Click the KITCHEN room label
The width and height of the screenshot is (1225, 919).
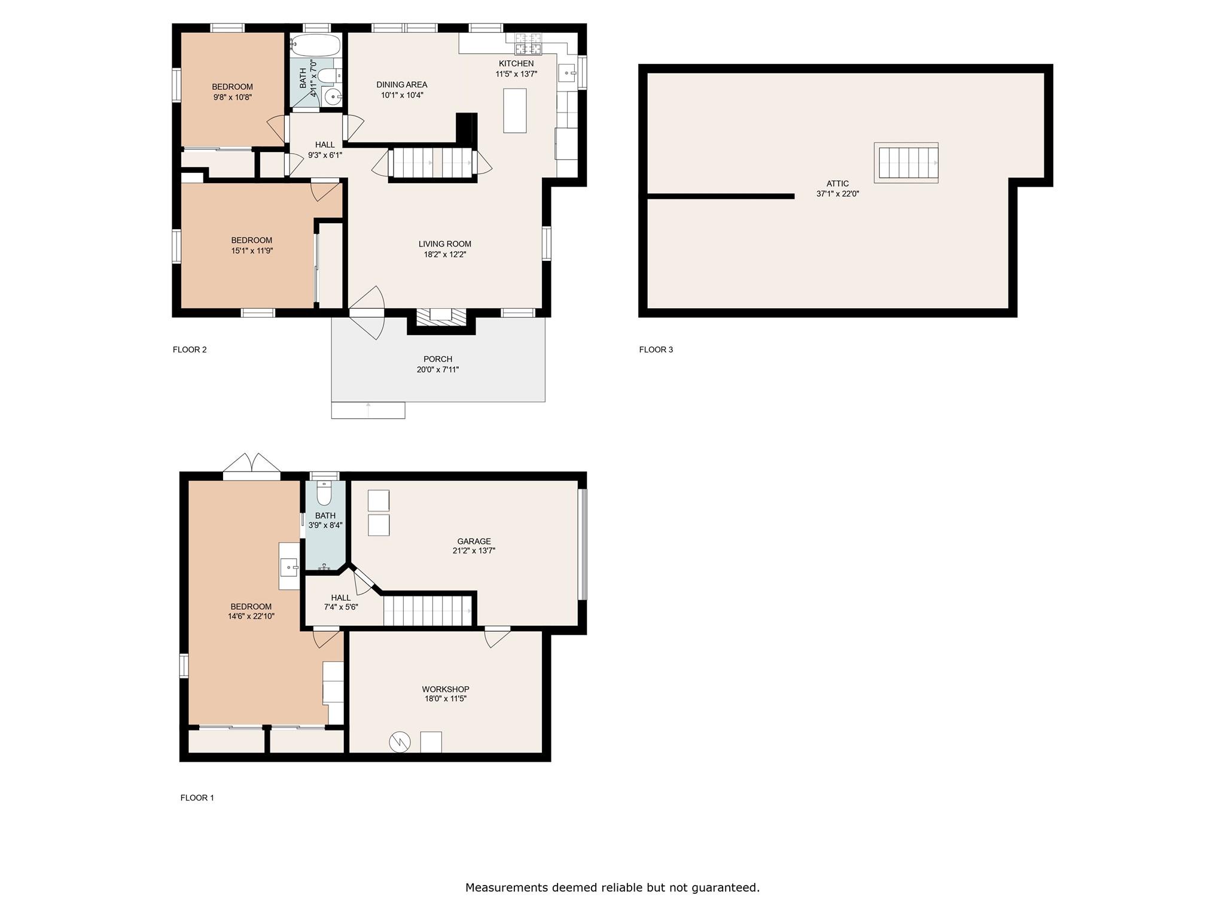pos(516,63)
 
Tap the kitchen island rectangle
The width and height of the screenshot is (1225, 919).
pos(514,110)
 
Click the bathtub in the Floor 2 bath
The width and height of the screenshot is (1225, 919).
pos(315,45)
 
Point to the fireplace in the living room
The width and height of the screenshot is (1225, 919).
pos(441,317)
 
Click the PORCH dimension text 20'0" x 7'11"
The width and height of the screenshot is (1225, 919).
pos(438,370)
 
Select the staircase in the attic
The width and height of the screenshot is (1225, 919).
pos(906,163)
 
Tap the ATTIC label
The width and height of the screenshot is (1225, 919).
pos(837,184)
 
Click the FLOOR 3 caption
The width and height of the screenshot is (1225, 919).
pos(656,349)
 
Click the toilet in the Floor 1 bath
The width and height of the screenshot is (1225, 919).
pos(324,495)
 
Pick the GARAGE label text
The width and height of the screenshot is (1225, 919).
pos(474,541)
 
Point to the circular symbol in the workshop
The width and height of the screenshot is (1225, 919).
pos(400,742)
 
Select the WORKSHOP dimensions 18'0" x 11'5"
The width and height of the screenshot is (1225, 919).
pos(444,698)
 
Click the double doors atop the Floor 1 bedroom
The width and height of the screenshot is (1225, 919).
pos(252,467)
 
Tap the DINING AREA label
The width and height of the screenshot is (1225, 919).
pos(401,84)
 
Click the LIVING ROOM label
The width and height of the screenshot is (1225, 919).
pos(444,244)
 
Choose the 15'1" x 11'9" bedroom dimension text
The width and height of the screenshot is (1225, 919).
pos(252,251)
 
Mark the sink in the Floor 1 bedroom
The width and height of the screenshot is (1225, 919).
pos(290,566)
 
